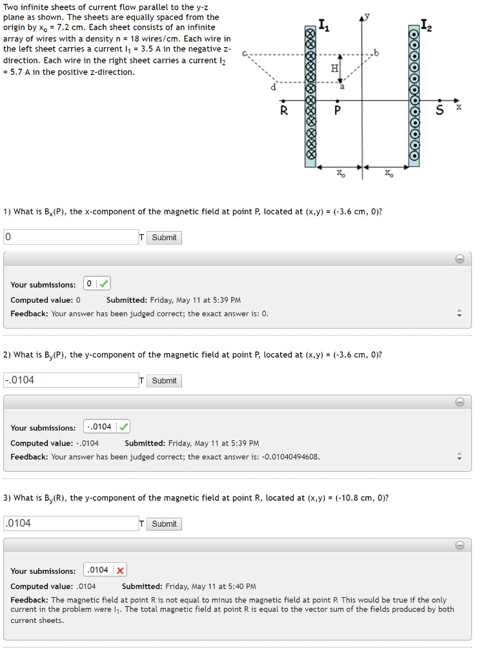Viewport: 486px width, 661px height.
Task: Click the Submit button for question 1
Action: pos(164,238)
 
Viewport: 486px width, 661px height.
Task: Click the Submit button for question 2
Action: pos(164,381)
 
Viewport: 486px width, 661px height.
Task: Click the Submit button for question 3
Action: pos(164,524)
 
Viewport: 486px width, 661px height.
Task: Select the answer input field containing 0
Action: pos(71,237)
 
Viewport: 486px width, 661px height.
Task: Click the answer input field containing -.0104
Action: pos(71,380)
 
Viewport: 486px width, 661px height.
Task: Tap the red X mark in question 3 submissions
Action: pos(121,570)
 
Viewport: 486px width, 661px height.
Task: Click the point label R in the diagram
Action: pos(283,110)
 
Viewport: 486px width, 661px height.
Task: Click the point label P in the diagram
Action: pos(337,111)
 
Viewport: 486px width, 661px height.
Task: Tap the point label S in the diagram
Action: pos(440,110)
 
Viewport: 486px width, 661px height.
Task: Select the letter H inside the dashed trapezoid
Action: pos(334,68)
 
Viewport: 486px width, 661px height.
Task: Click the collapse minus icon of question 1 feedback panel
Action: pos(460,259)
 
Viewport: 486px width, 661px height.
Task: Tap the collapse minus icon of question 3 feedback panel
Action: pos(460,545)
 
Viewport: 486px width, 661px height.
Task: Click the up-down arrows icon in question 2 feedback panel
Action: pos(460,457)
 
